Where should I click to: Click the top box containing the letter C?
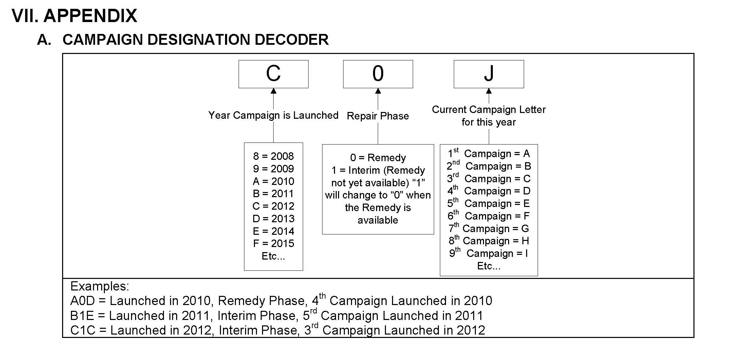[273, 74]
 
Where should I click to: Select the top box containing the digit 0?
[378, 74]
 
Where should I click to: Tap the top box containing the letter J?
[488, 74]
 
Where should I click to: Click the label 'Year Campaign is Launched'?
[273, 115]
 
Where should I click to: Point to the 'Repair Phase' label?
[378, 116]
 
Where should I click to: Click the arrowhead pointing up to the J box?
[489, 91]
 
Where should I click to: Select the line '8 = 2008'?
[273, 156]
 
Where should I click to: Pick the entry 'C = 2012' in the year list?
[273, 206]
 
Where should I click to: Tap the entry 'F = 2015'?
[273, 243]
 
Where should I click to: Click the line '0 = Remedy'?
[378, 158]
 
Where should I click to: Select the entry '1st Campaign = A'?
[489, 154]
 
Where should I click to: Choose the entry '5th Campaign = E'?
[489, 204]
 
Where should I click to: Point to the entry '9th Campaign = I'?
[489, 253]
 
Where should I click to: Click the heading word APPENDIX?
[90, 16]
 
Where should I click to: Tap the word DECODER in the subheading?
[292, 40]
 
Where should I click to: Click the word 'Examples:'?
[99, 286]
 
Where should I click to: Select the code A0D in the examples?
[82, 301]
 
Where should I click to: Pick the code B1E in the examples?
[82, 316]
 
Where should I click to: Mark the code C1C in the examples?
[82, 330]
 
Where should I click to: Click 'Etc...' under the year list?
[273, 256]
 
